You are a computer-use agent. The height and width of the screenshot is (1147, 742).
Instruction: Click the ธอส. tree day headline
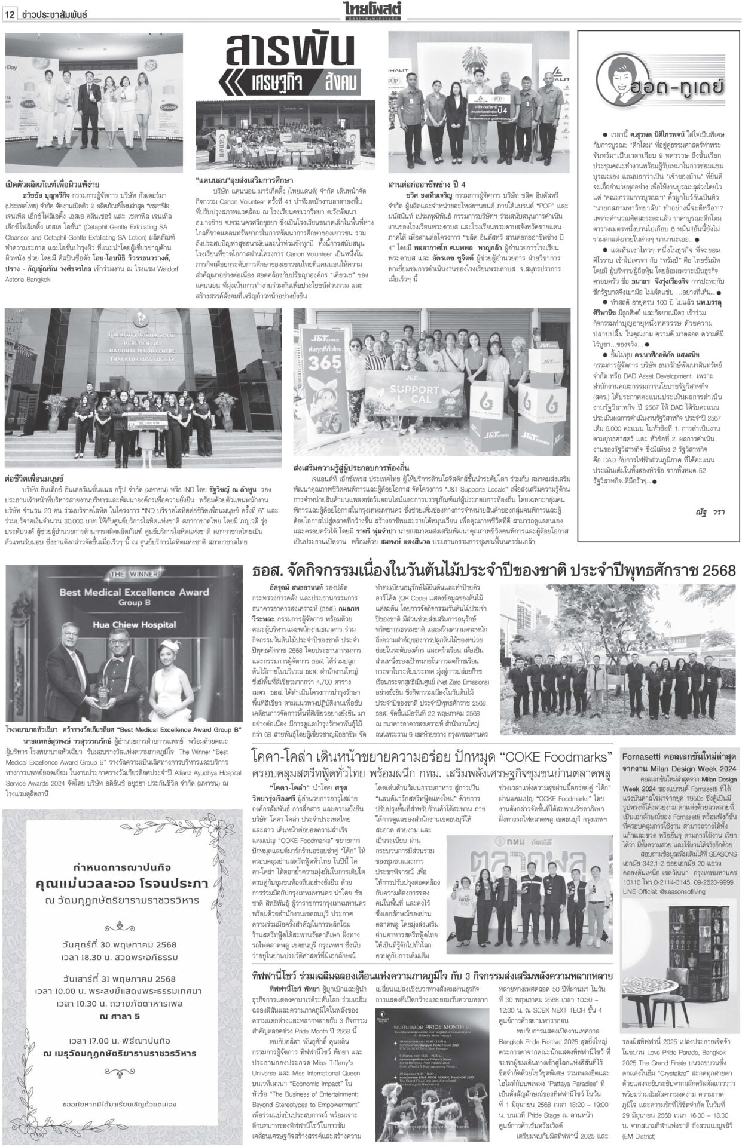coord(494,569)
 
